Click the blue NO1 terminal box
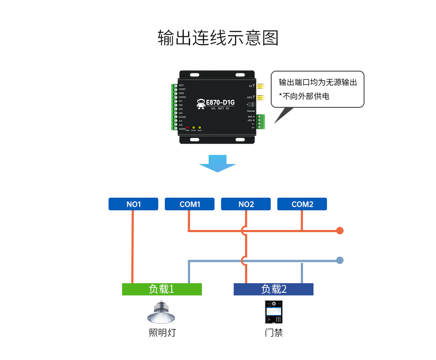click(x=133, y=204)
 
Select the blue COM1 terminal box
click(x=190, y=204)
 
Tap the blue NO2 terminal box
click(x=246, y=204)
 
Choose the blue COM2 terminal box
click(x=302, y=204)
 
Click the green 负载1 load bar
click(x=162, y=289)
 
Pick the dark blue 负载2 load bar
click(x=273, y=289)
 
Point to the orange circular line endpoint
click(x=340, y=230)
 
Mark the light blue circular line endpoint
click(x=340, y=261)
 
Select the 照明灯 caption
click(x=162, y=333)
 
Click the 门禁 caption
click(x=273, y=333)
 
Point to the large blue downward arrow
click(x=218, y=163)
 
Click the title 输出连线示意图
click(x=218, y=38)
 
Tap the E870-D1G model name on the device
click(x=220, y=103)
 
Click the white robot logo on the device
click(x=201, y=103)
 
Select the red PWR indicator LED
click(x=187, y=127)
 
